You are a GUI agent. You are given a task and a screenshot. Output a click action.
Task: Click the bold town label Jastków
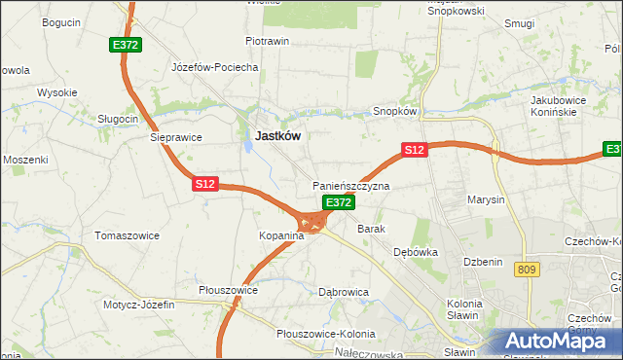[x=276, y=137]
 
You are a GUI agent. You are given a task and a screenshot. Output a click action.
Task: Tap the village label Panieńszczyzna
[x=350, y=185]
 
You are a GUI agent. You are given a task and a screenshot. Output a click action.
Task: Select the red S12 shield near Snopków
[x=415, y=149]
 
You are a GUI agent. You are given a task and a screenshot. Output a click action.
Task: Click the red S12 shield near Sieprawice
[x=204, y=182]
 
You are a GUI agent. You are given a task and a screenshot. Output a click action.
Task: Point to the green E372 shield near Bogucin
[x=126, y=45]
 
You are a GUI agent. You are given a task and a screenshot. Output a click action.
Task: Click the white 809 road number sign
[x=527, y=270]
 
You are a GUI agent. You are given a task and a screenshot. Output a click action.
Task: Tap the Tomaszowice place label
[x=127, y=235]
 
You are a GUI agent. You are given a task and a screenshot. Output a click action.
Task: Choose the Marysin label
[x=486, y=199]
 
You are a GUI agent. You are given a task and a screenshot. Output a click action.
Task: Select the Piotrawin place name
[x=268, y=42]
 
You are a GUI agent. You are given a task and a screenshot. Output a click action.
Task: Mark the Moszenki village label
[x=25, y=159]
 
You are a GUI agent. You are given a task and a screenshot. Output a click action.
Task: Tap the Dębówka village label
[x=416, y=251]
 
